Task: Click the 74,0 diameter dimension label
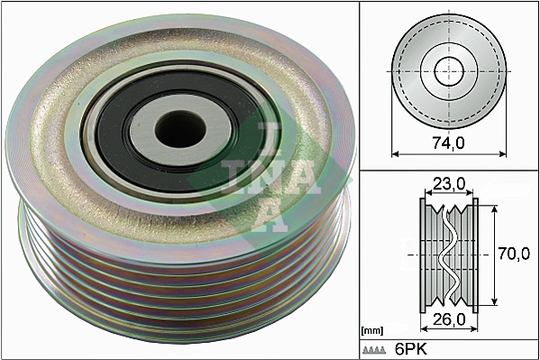click(x=448, y=143)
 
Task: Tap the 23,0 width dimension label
click(x=449, y=184)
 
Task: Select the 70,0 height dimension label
click(x=514, y=254)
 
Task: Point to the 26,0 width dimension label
click(x=449, y=319)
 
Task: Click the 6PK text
click(x=411, y=349)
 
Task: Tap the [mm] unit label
click(x=372, y=331)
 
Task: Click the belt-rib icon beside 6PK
click(x=373, y=350)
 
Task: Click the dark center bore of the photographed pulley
click(x=180, y=130)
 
